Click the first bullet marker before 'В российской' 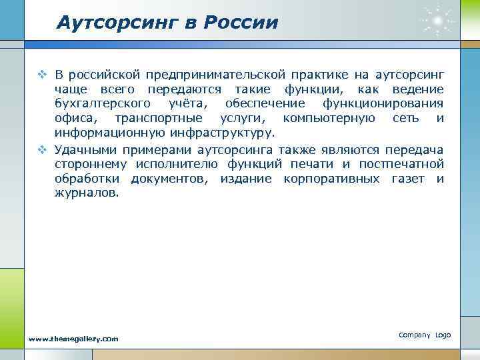click(42, 73)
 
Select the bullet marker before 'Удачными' click(42, 149)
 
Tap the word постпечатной click(402, 163)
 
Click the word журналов click(87, 193)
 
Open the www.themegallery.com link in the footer click(73, 339)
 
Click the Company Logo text click(425, 334)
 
